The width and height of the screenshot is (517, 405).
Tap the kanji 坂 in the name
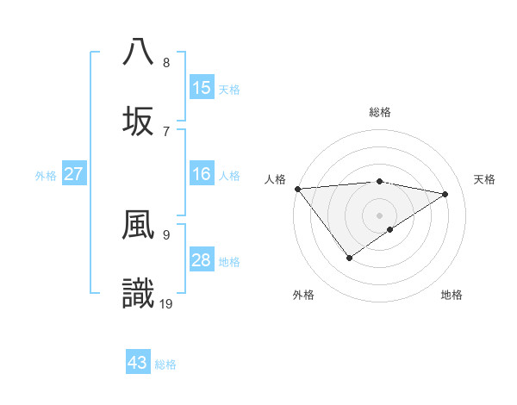click(x=138, y=119)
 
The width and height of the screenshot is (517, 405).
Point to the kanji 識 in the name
click(x=138, y=293)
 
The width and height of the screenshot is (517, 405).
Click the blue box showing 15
click(x=202, y=87)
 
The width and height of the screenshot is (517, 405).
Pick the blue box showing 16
click(x=202, y=174)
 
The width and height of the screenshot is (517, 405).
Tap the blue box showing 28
click(x=202, y=260)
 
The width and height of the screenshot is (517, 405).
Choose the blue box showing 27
click(x=74, y=174)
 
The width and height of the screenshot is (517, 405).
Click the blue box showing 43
click(x=138, y=363)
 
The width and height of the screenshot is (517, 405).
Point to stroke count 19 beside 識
click(x=167, y=303)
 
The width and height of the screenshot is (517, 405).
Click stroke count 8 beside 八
click(x=166, y=62)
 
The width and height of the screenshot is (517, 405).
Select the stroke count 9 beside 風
click(x=166, y=234)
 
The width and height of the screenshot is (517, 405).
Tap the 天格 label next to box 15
click(x=229, y=89)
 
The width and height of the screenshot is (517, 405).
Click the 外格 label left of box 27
click(x=46, y=176)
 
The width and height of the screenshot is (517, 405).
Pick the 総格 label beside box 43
click(x=165, y=364)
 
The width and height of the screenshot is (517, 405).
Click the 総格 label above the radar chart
click(x=380, y=112)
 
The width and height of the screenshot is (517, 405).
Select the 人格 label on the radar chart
click(x=275, y=179)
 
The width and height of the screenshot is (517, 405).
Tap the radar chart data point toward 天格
click(x=445, y=194)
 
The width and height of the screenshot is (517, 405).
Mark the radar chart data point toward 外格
click(x=350, y=257)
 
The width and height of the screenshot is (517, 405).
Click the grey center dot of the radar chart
click(x=380, y=214)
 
